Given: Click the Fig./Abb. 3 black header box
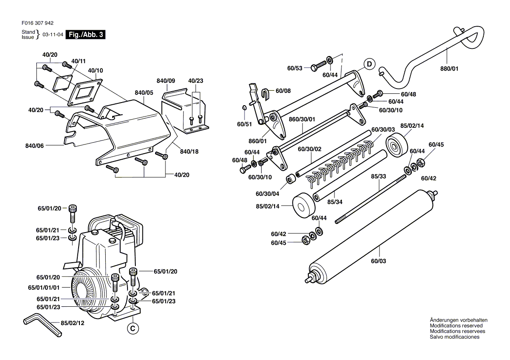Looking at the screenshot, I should [x=85, y=35].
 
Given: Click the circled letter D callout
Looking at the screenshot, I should [x=369, y=65].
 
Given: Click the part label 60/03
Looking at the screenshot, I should [x=379, y=261].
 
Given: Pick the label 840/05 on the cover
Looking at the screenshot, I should [x=144, y=93].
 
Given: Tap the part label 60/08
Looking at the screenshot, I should [x=283, y=91].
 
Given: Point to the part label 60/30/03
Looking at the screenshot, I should [x=383, y=130].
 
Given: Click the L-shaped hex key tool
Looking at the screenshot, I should [x=41, y=325].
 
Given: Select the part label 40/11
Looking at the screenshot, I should [x=79, y=61].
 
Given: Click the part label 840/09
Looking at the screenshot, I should [x=166, y=81].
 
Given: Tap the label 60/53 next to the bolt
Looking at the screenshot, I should [x=295, y=68].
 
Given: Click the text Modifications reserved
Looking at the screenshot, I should [x=456, y=326].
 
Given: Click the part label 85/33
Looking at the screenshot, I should [x=379, y=177].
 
